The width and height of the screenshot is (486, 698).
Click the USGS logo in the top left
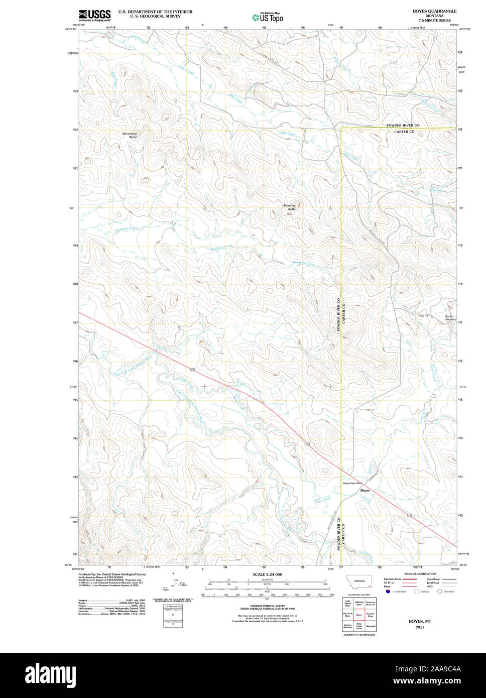[x=94, y=15]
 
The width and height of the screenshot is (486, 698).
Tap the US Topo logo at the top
[x=268, y=17]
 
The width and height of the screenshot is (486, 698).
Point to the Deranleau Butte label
[x=130, y=135]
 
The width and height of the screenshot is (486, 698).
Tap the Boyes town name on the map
[x=365, y=490]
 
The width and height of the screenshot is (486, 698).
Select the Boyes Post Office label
[x=352, y=484]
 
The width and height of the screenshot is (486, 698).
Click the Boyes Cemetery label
[x=450, y=318]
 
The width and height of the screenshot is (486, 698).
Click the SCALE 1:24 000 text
[x=267, y=574]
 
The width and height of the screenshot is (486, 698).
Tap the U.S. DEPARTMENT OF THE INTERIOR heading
[x=155, y=12]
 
